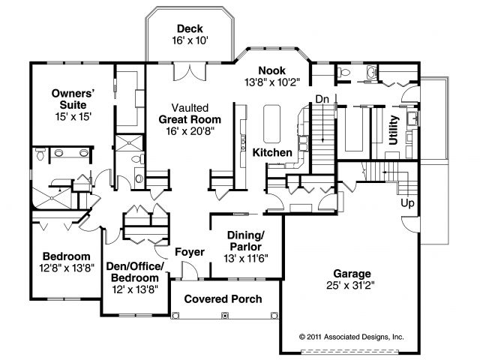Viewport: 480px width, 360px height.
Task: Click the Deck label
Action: point(190,28)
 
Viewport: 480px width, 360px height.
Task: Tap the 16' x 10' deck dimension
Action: point(190,40)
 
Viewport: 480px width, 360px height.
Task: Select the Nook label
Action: point(271,70)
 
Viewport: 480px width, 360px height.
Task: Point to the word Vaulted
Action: point(190,108)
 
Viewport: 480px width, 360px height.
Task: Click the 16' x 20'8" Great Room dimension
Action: point(190,131)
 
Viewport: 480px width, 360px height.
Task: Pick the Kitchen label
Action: point(272,152)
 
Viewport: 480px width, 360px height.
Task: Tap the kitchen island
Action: point(271,124)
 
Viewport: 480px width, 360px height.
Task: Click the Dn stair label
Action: point(322,99)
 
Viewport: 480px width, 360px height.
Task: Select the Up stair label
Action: point(407,203)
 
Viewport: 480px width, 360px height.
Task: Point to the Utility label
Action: point(393,130)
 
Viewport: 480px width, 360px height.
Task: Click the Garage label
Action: point(352,274)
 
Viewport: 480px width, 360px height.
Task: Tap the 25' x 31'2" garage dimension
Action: point(350,285)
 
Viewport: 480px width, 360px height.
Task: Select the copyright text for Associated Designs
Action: point(352,337)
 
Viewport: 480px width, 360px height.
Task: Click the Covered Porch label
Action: point(223,299)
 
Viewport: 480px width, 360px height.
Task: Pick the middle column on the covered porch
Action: point(225,315)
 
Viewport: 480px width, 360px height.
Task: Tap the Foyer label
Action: point(190,252)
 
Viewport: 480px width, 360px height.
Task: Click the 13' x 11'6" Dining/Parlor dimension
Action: point(246,259)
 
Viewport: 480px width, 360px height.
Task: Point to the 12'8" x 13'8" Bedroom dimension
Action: point(67,268)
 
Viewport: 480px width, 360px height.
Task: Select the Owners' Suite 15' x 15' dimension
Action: point(73,117)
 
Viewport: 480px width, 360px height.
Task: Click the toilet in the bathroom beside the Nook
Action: point(343,73)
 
